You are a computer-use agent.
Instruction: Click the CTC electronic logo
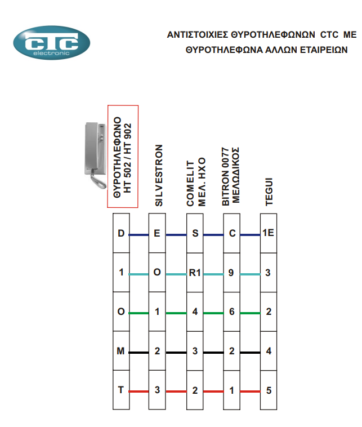click(x=51, y=43)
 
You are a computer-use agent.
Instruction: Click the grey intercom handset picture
click(x=95, y=155)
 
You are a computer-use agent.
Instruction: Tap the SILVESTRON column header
click(x=159, y=175)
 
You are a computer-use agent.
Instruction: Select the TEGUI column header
click(x=269, y=192)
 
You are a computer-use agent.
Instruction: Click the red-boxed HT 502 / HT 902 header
click(x=123, y=157)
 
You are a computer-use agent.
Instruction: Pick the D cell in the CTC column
click(x=121, y=233)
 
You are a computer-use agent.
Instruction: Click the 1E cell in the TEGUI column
click(x=269, y=233)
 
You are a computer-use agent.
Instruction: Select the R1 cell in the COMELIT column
click(x=195, y=273)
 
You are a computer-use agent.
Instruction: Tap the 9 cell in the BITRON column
click(x=231, y=273)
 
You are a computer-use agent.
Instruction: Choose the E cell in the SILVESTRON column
click(x=157, y=233)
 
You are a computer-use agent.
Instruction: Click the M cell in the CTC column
click(x=121, y=351)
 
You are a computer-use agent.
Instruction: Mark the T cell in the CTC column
click(x=121, y=390)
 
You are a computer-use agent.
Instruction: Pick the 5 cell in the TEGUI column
click(x=269, y=390)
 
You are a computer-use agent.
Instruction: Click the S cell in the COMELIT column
click(x=195, y=233)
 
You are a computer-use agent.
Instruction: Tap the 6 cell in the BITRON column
click(x=231, y=312)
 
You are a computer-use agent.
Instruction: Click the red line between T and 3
click(x=139, y=392)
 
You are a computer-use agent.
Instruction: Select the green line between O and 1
click(x=139, y=313)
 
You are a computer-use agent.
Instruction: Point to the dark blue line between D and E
click(x=139, y=235)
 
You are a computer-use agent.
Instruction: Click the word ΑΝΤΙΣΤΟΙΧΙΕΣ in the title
click(x=198, y=35)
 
